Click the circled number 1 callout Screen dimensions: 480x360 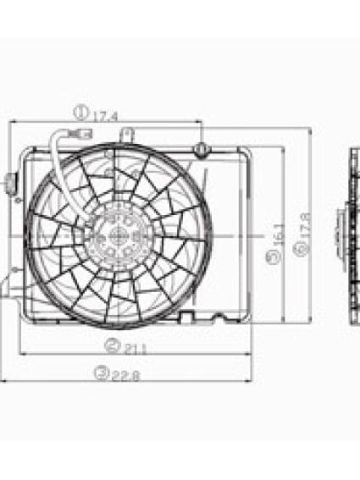tap(80, 111)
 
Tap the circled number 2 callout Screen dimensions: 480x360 tap(110, 345)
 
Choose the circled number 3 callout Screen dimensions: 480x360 tap(102, 373)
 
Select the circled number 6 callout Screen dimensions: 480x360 tap(297, 248)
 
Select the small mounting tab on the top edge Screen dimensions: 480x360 tap(126, 134)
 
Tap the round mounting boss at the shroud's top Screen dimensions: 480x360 tap(201, 150)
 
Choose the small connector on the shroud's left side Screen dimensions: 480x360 tap(11, 181)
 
